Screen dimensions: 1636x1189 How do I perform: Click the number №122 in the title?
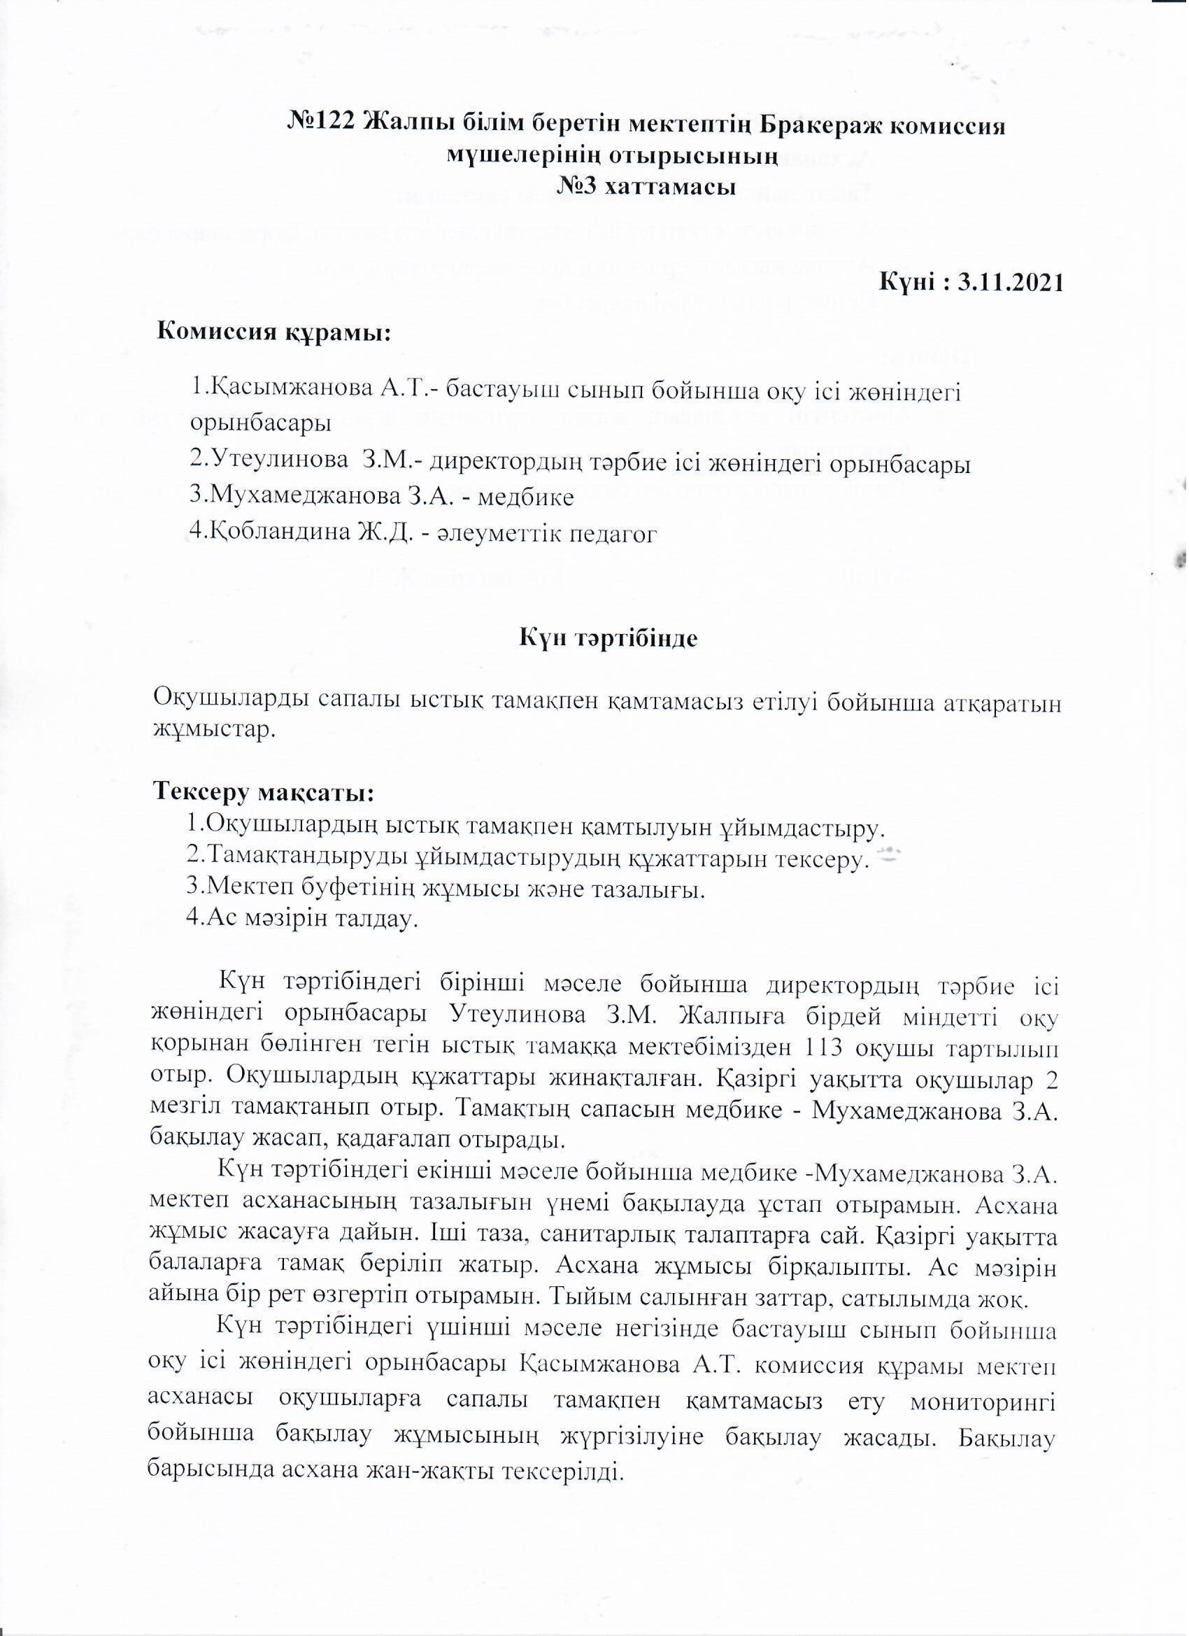point(322,125)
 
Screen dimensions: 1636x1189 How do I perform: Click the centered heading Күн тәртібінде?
point(608,638)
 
